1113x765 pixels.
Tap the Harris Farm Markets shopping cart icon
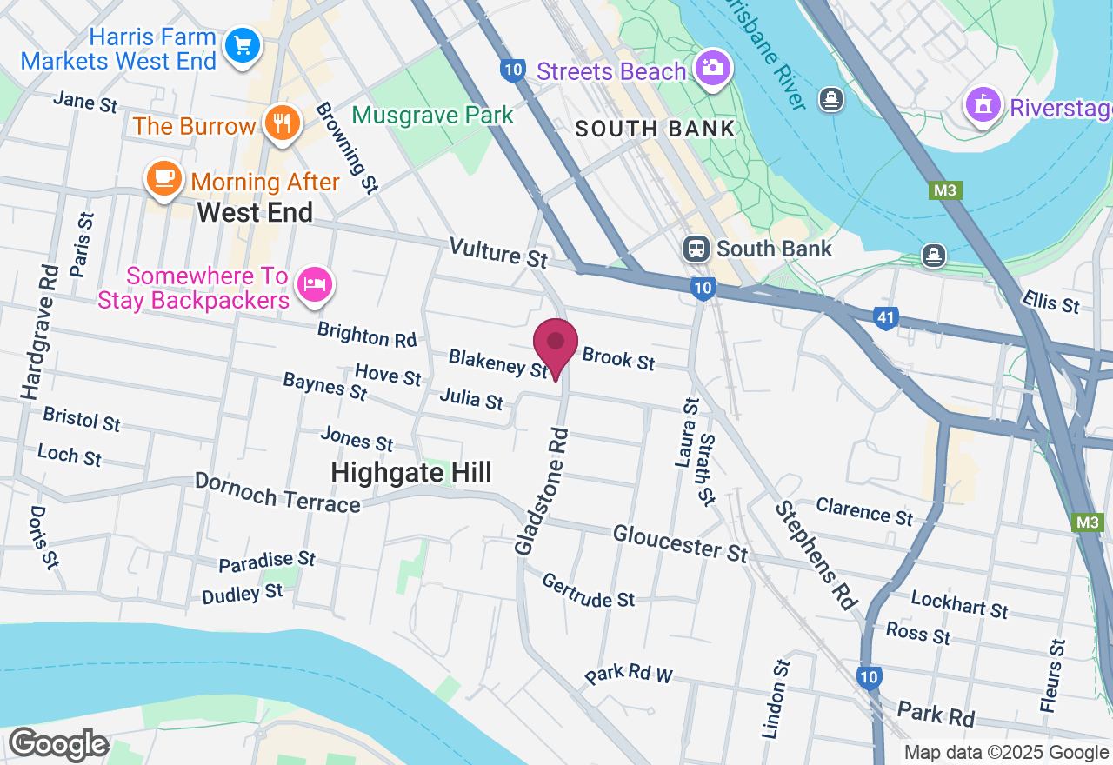pyautogui.click(x=243, y=44)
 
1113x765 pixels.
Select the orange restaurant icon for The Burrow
pyautogui.click(x=281, y=123)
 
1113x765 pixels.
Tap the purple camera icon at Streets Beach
pyautogui.click(x=712, y=67)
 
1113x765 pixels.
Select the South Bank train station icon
pyautogui.click(x=696, y=249)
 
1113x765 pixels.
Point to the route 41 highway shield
pyautogui.click(x=885, y=318)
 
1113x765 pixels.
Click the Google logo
pyautogui.click(x=58, y=744)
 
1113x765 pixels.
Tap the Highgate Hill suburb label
pyautogui.click(x=411, y=473)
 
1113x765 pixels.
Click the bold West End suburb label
pyautogui.click(x=255, y=212)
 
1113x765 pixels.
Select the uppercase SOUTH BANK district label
pyautogui.click(x=656, y=130)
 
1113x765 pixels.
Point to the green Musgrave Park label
pyautogui.click(x=433, y=116)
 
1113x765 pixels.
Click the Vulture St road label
pyautogui.click(x=498, y=253)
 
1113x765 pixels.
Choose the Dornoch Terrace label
pyautogui.click(x=277, y=493)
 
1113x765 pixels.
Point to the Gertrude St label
pyautogui.click(x=588, y=590)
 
